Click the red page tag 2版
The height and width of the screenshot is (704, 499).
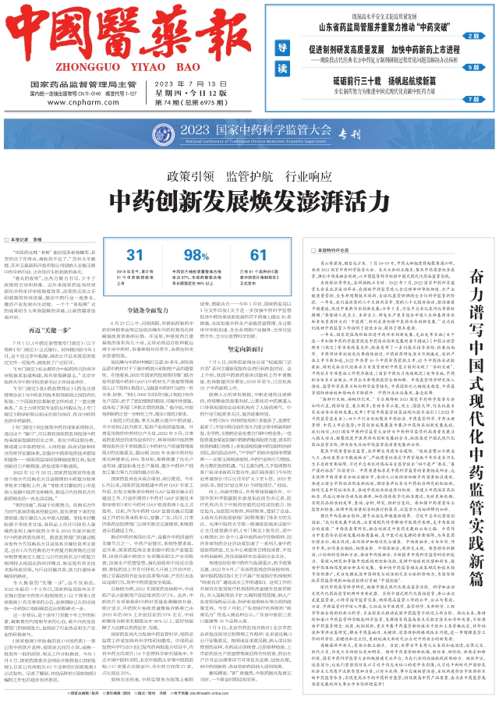click(471, 35)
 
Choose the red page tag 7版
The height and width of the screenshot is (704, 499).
click(471, 100)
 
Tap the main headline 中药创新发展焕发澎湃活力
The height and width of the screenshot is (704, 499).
click(249, 197)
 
